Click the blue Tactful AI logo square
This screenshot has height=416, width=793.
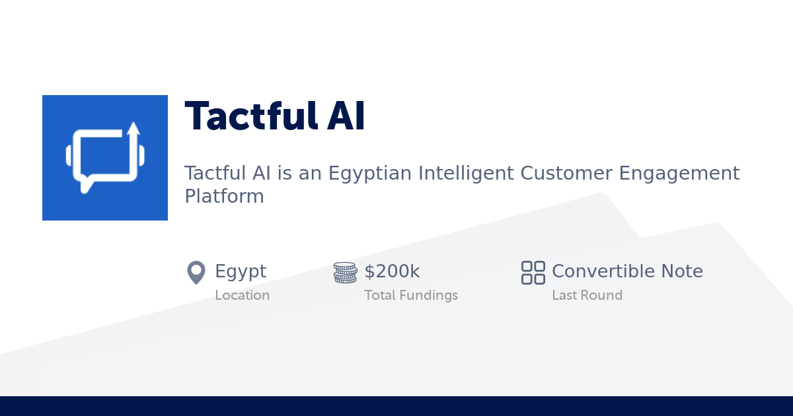pyautogui.click(x=105, y=158)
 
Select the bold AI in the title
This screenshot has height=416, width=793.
pyautogui.click(x=346, y=116)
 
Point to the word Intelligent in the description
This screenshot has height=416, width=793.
pyautogui.click(x=466, y=174)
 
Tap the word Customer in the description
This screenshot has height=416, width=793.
pyautogui.click(x=566, y=173)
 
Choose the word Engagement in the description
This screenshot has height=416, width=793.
pyautogui.click(x=679, y=174)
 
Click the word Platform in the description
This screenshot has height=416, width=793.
pyautogui.click(x=225, y=196)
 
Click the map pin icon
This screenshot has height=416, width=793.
pyautogui.click(x=196, y=272)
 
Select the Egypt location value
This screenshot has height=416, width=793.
pyautogui.click(x=241, y=272)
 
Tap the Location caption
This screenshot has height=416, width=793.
pyautogui.click(x=243, y=295)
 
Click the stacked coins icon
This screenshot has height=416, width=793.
pyautogui.click(x=345, y=272)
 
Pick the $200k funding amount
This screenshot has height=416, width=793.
pyautogui.click(x=393, y=271)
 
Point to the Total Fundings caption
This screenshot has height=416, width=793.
pyautogui.click(x=411, y=295)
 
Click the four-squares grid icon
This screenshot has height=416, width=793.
pyautogui.click(x=533, y=273)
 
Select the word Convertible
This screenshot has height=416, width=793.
pyautogui.click(x=603, y=271)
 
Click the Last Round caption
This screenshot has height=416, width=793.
pyautogui.click(x=587, y=295)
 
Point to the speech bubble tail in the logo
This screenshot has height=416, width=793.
pyautogui.click(x=86, y=185)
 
